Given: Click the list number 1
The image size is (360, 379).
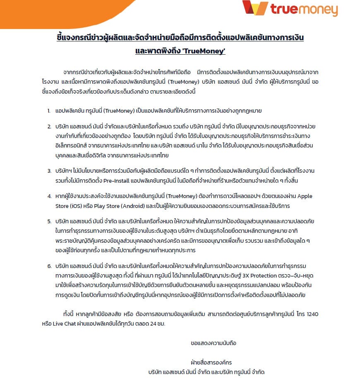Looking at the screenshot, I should click(x=49, y=111).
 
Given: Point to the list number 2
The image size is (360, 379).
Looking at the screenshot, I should click(x=49, y=126).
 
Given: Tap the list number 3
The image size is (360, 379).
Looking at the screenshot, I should click(x=49, y=170).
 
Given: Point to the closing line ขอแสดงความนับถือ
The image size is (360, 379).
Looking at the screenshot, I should click(x=213, y=343).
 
